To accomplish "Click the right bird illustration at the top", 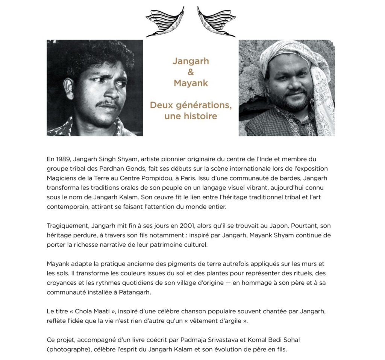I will [217, 22].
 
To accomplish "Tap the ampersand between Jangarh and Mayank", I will [191, 72].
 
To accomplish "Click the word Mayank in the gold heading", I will [191, 83].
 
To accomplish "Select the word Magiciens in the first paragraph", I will [61, 178].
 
